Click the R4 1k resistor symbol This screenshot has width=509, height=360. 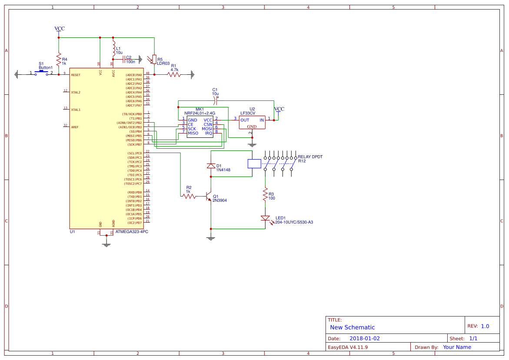[59, 59]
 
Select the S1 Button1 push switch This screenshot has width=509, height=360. [41, 73]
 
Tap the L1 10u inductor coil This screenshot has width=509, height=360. [113, 49]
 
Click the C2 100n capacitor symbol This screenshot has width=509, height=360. [123, 59]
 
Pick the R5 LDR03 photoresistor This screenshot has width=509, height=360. [154, 59]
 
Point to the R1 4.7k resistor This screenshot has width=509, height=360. [174, 74]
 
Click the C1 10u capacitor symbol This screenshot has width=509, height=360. [216, 100]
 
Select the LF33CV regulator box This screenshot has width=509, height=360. [252, 122]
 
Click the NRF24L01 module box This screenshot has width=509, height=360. [200, 127]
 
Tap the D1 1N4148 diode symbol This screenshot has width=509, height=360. [211, 166]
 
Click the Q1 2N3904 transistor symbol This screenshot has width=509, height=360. [209, 197]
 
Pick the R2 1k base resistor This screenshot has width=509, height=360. [189, 197]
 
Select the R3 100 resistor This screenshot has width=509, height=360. [265, 194]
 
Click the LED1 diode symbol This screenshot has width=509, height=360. [265, 218]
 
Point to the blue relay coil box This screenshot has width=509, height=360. [254, 163]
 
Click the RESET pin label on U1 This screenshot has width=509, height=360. [76, 75]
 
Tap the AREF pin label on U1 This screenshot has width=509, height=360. [75, 127]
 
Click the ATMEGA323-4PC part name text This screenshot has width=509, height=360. [132, 232]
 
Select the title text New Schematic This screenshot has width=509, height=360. [352, 327]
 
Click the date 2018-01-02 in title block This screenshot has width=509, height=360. [365, 338]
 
